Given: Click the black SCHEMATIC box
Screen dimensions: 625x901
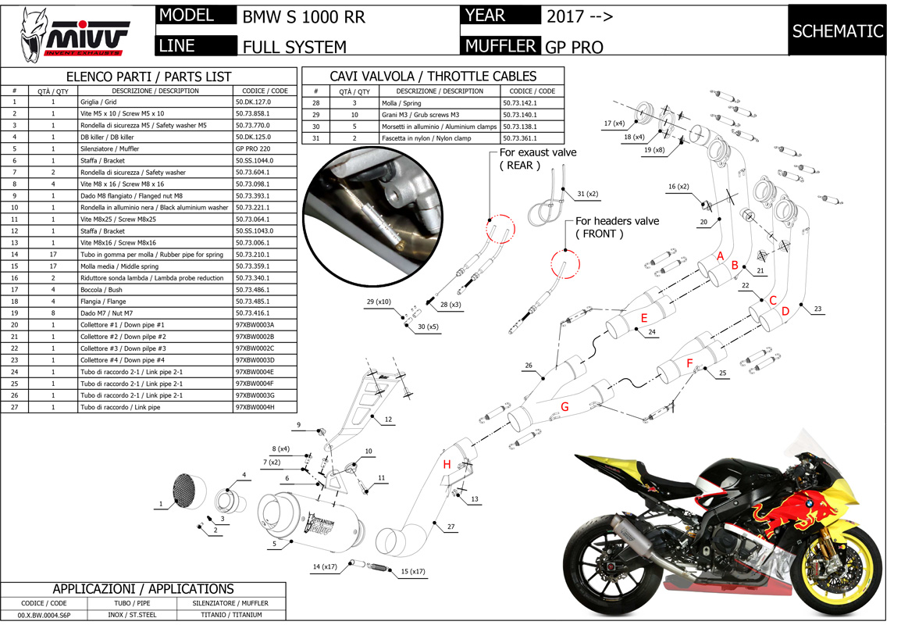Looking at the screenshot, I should (x=837, y=31).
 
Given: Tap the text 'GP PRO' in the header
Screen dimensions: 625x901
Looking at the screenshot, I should (x=575, y=46).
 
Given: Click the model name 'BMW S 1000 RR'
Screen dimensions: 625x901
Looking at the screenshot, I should (x=304, y=17).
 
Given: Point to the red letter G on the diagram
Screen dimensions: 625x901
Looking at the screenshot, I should (x=564, y=406).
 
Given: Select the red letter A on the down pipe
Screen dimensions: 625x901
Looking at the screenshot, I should (x=721, y=256).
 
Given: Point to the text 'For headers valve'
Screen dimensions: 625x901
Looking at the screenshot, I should (x=621, y=221).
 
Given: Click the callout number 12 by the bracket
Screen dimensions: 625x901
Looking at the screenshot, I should (x=388, y=420).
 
